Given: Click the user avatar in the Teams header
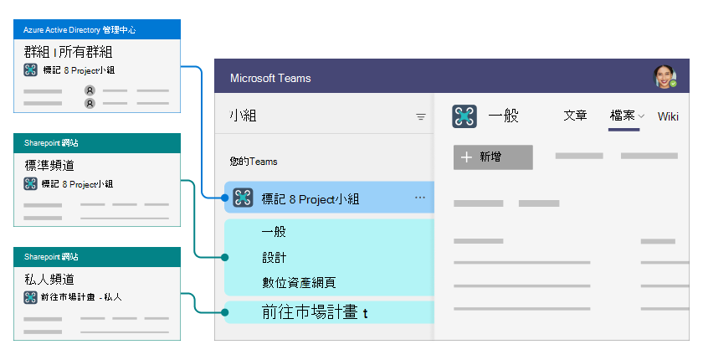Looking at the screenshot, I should pyautogui.click(x=665, y=78).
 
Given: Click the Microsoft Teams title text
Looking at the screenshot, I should pyautogui.click(x=270, y=79).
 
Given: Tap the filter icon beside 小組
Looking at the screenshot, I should pyautogui.click(x=421, y=117).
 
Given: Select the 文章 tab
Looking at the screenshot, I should pyautogui.click(x=576, y=116).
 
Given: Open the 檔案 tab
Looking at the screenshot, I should pyautogui.click(x=623, y=116).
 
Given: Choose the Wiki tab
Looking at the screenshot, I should pyautogui.click(x=668, y=116).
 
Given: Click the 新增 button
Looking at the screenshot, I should pyautogui.click(x=493, y=157).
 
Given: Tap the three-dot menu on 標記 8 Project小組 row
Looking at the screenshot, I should pyautogui.click(x=420, y=198).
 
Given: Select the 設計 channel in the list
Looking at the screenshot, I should pyautogui.click(x=274, y=257).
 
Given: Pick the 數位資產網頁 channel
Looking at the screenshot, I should pyautogui.click(x=299, y=282).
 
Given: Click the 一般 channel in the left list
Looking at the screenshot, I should pyautogui.click(x=274, y=232).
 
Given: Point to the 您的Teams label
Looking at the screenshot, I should pyautogui.click(x=254, y=161).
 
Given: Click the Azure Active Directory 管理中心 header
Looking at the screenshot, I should pyautogui.click(x=98, y=29).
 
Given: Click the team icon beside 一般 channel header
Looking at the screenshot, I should pyautogui.click(x=464, y=116).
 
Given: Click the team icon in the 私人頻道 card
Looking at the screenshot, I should pyautogui.click(x=30, y=296).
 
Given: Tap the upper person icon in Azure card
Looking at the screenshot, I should pyautogui.click(x=90, y=90).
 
